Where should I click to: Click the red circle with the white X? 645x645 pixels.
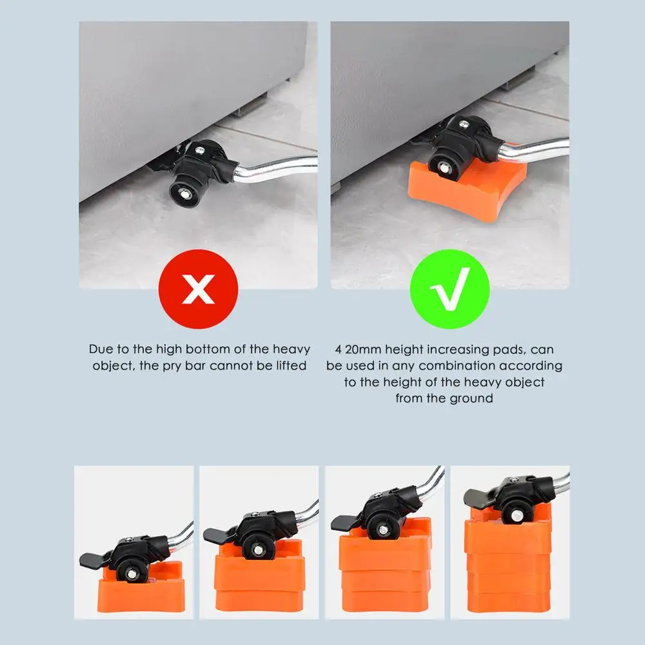[198, 289]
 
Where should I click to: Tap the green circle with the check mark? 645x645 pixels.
[450, 289]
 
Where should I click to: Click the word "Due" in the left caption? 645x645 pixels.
[101, 349]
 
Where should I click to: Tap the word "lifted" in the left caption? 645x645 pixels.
[292, 365]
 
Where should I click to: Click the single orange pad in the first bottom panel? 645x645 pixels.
[141, 588]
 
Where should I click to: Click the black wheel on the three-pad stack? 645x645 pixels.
[382, 529]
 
